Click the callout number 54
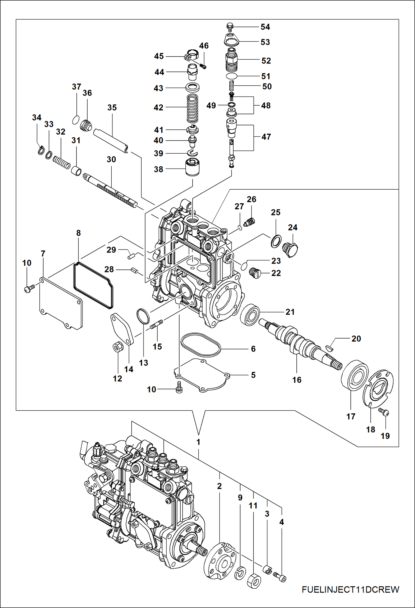(x=265, y=27)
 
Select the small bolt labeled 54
(x=230, y=26)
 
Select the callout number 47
(x=266, y=137)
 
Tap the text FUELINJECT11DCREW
(x=350, y=589)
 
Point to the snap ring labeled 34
(x=41, y=150)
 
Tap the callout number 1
(x=198, y=442)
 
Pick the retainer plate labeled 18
(x=378, y=388)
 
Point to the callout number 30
(x=111, y=159)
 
